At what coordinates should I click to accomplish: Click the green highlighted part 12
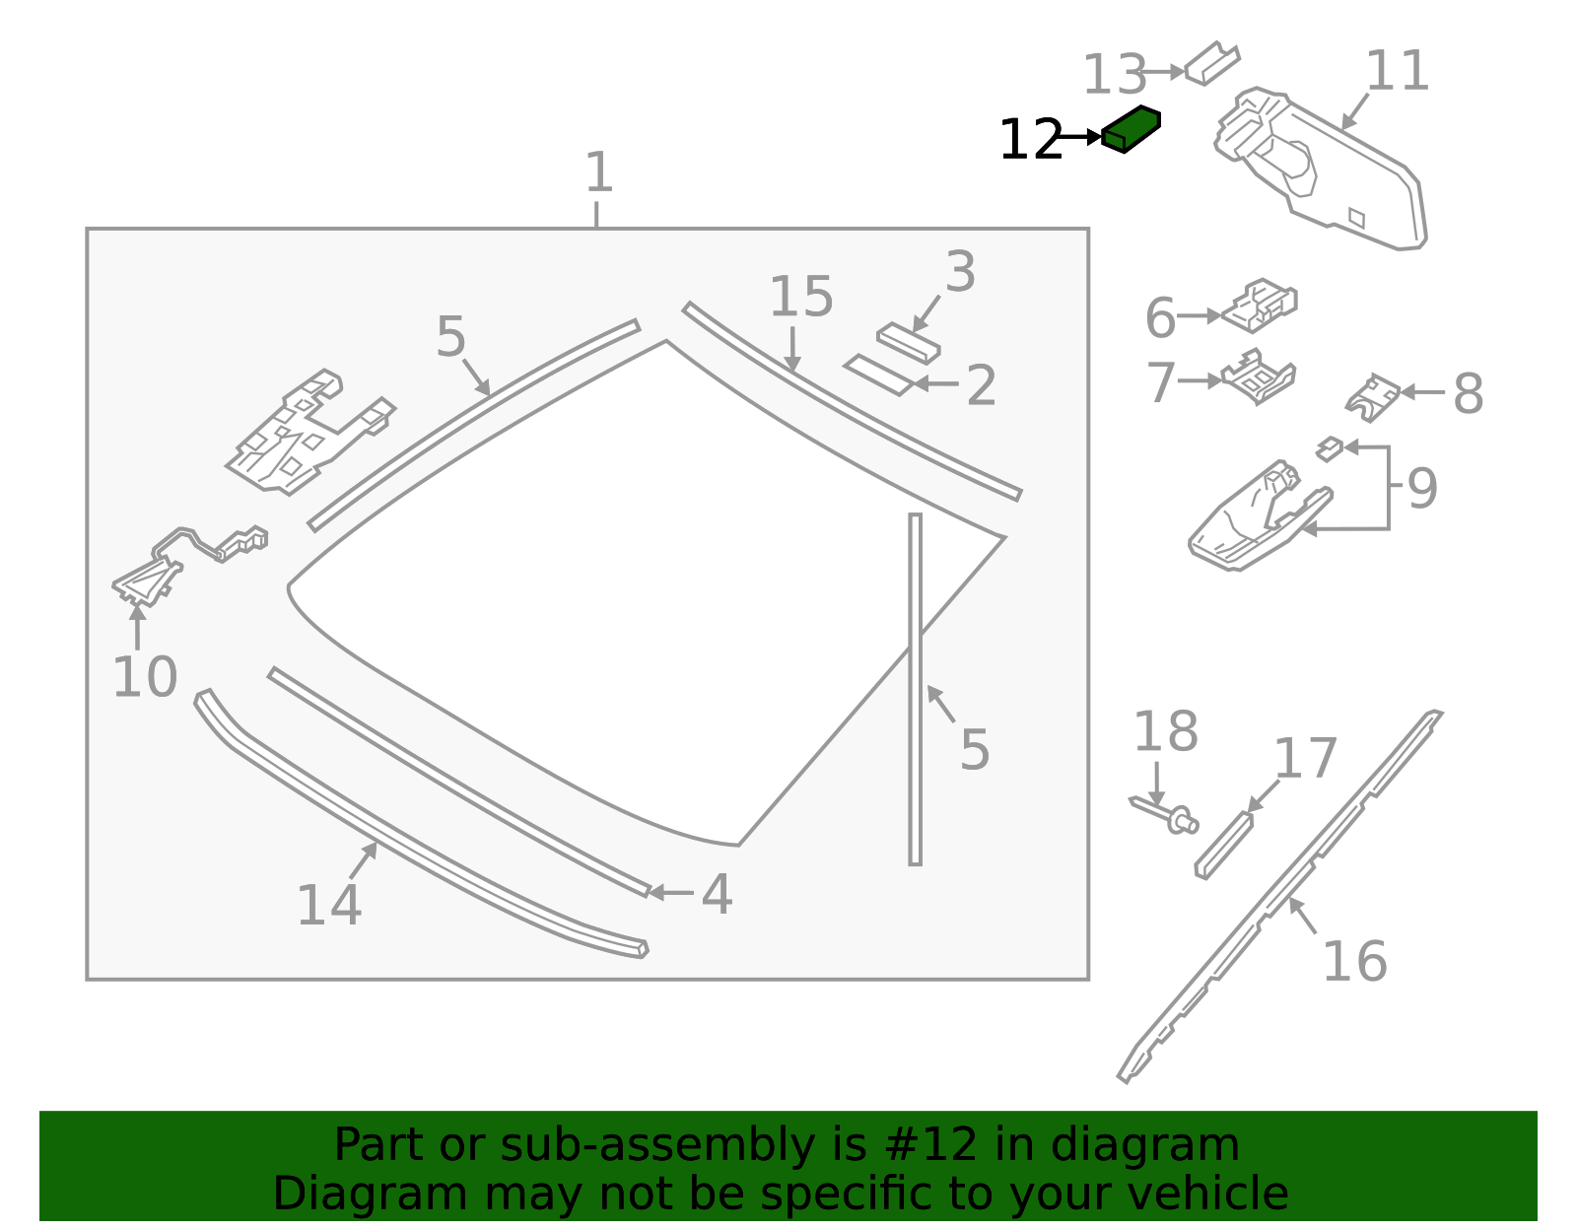pos(1131,129)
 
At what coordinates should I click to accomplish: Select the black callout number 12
pos(1031,140)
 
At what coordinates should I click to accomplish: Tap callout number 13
pos(1114,75)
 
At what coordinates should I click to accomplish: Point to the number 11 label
pos(1397,70)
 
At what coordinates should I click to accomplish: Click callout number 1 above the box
pos(599,171)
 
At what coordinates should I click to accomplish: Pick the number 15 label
pos(801,297)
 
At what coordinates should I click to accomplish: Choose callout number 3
pos(960,271)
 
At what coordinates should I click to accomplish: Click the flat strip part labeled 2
pos(879,375)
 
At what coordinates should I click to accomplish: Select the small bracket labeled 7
pos(1259,376)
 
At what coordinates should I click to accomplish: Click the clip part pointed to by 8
pos(1372,398)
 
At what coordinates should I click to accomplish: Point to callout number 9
pos(1422,488)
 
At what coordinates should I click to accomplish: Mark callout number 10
pos(145,677)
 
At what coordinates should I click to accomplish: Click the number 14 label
pos(329,905)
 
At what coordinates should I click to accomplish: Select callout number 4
pos(717,894)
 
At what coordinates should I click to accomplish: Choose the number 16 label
pos(1355,962)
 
